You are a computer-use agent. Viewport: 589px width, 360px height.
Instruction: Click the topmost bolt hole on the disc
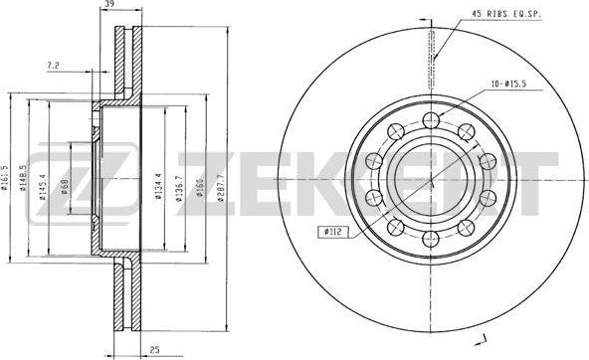pos(431,121)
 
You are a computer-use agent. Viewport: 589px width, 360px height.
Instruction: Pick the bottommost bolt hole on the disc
pos(431,238)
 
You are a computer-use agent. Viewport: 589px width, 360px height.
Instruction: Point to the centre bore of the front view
pos(431,180)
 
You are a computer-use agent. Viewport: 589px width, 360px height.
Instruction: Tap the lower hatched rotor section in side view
pos(123,298)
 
